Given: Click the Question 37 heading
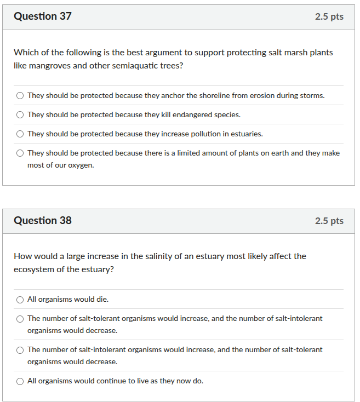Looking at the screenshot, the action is coord(43,16).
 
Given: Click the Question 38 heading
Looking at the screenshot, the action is coord(43,221).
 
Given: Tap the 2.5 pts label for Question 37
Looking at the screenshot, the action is coord(329,16).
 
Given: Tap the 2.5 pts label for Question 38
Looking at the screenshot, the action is coord(329,221).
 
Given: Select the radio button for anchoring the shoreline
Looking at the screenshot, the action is coord(20,96).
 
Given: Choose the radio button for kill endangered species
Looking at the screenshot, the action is coord(20,115).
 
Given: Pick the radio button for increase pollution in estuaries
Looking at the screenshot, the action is coord(20,134).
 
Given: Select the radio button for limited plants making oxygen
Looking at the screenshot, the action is coord(20,153).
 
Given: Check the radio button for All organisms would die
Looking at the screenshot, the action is coord(20,300).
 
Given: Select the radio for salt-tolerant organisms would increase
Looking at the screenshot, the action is coord(20,319).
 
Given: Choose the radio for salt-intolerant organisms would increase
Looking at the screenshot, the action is coord(20,350).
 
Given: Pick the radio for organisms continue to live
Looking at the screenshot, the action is coord(20,381).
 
